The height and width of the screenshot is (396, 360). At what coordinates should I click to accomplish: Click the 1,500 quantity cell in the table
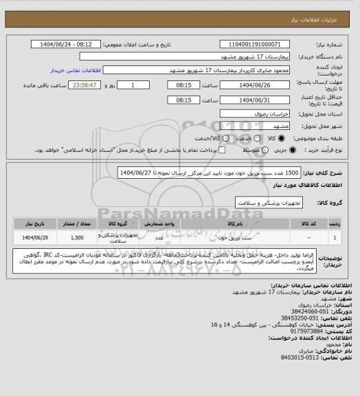(77, 236)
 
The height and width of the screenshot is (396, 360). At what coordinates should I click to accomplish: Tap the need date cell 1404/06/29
(30, 236)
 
